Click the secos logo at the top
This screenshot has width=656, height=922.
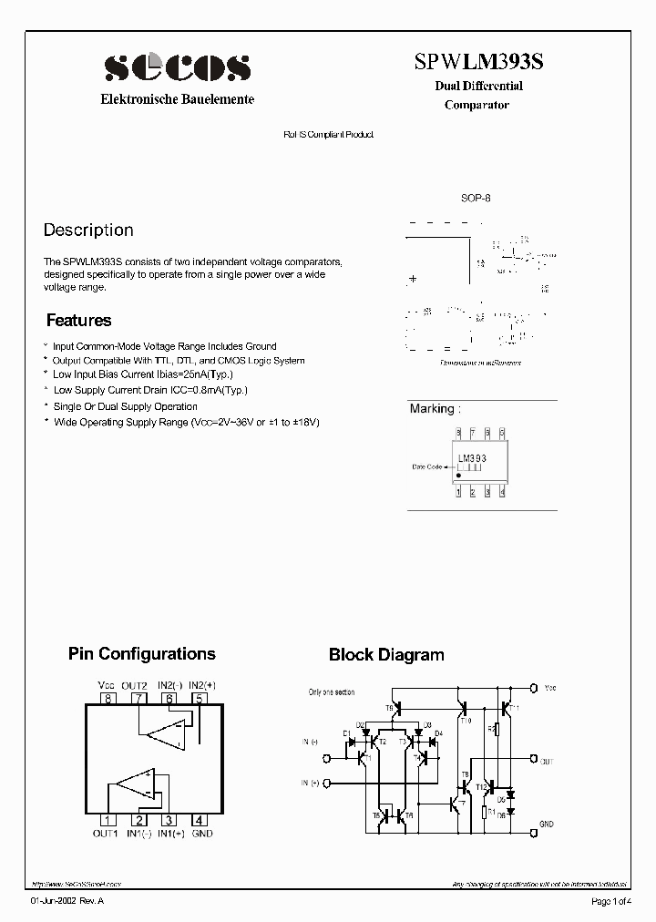[x=177, y=67]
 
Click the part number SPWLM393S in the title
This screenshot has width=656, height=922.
[x=479, y=61]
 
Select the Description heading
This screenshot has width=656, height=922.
[x=88, y=230]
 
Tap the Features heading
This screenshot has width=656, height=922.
[x=78, y=321]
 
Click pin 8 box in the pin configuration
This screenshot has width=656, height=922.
[x=108, y=699]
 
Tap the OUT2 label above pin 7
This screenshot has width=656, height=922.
[x=135, y=685]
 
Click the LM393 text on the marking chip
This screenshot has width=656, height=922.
[x=472, y=458]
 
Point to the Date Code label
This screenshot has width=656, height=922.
[x=426, y=467]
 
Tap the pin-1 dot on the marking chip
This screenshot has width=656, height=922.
[x=458, y=475]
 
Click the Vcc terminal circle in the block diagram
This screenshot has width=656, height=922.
[x=534, y=688]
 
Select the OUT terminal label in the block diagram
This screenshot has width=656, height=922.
[x=547, y=761]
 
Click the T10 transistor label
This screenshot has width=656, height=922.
[x=466, y=720]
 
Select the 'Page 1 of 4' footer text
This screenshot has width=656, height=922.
[x=608, y=902]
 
